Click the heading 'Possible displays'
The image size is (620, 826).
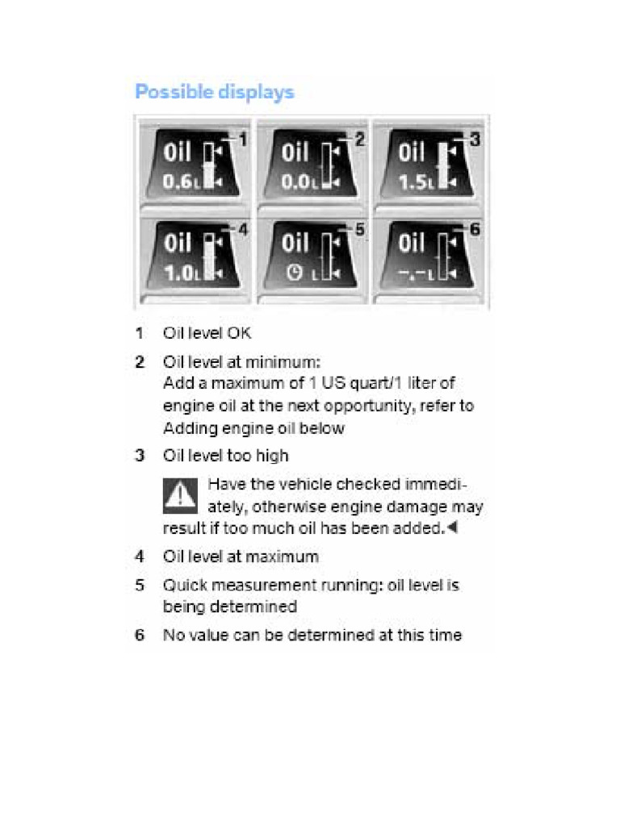click(214, 92)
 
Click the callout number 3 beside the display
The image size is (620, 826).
click(475, 140)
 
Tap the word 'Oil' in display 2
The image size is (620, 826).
click(295, 152)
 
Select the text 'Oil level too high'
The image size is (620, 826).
click(225, 456)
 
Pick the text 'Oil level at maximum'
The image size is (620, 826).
click(241, 557)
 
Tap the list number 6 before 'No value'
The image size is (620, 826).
click(140, 635)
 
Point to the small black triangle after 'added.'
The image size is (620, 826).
click(452, 528)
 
